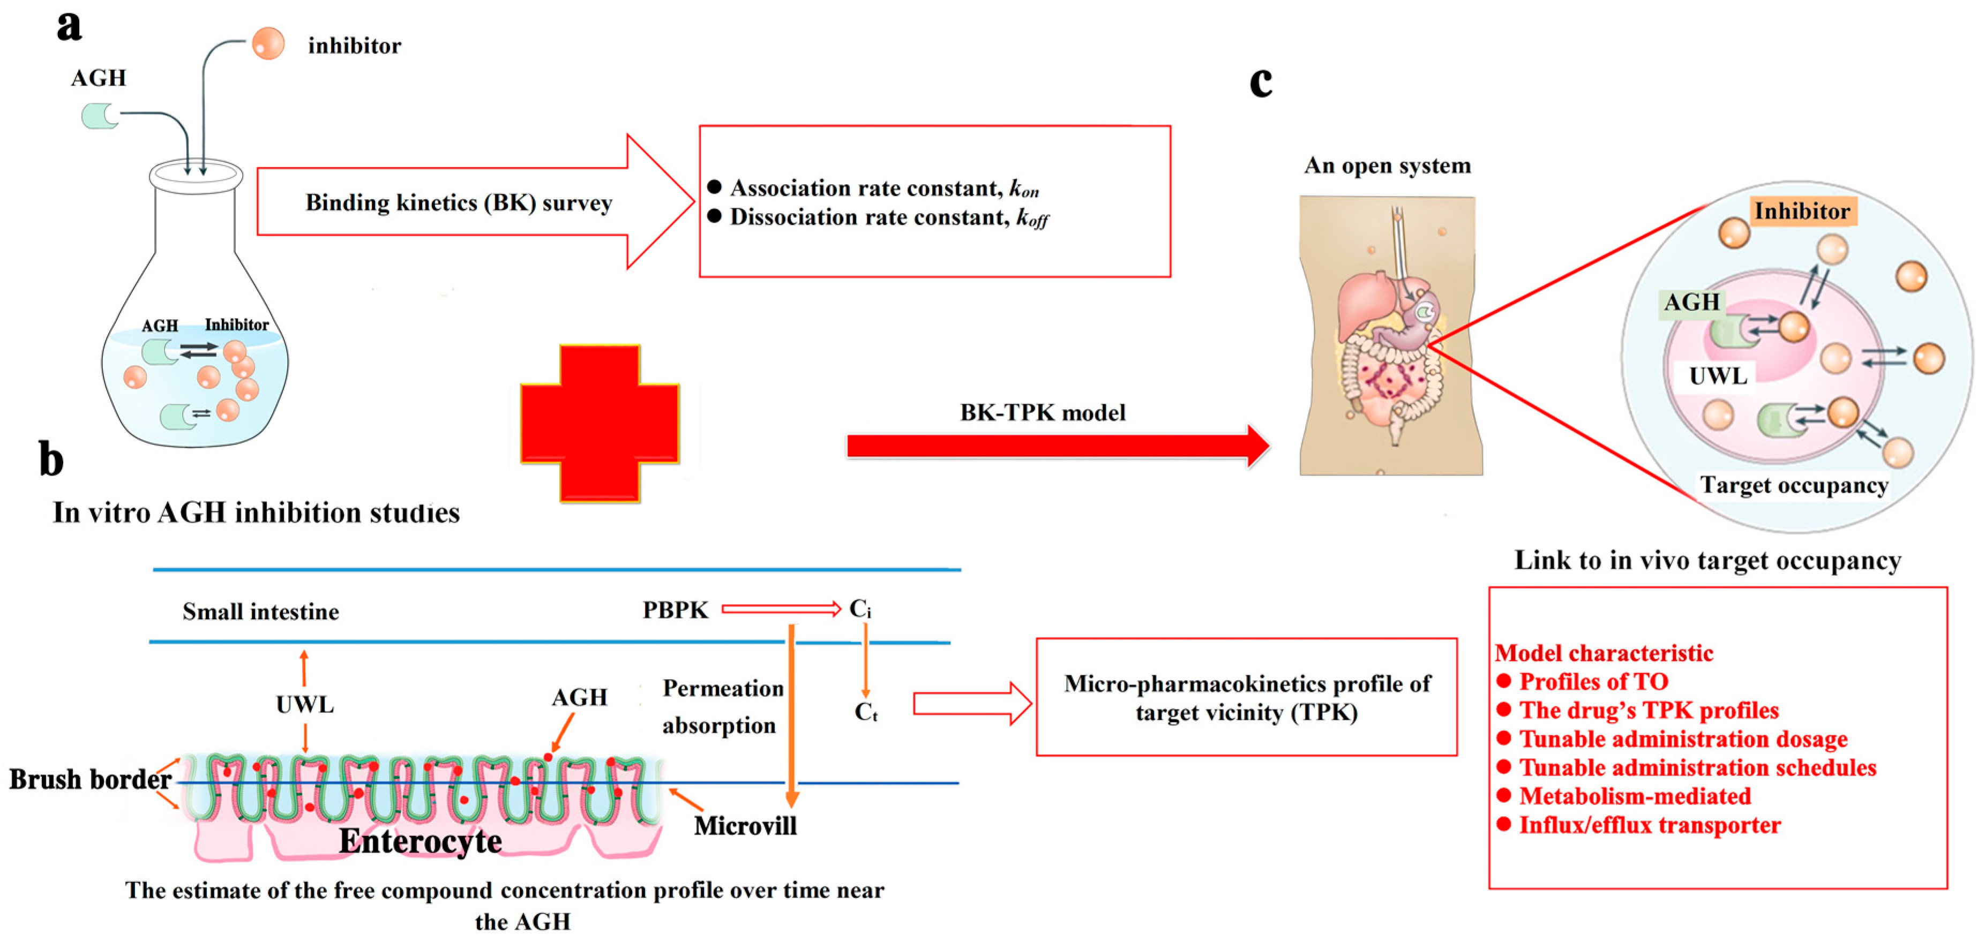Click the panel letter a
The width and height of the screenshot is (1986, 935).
(x=69, y=26)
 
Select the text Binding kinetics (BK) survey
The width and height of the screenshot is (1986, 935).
(x=459, y=203)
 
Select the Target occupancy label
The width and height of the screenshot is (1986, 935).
(x=1794, y=486)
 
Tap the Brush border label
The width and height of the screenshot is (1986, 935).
(x=89, y=779)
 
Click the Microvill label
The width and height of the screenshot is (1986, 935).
(x=745, y=826)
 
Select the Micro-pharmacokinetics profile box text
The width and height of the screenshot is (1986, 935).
(x=1247, y=698)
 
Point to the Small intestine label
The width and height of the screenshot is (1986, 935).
(x=260, y=612)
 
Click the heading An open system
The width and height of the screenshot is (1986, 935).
(x=1387, y=165)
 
